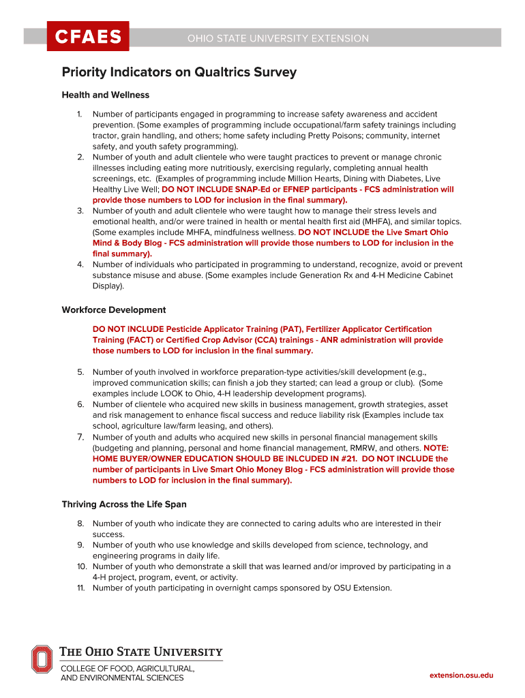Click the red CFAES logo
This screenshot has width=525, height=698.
[87, 37]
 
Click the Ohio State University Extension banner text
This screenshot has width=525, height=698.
[277, 39]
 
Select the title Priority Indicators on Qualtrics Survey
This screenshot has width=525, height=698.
[179, 72]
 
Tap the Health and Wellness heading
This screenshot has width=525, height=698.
[106, 95]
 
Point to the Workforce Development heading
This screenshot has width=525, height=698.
[114, 310]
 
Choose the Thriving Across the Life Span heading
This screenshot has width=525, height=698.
[124, 504]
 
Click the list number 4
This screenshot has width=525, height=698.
[80, 264]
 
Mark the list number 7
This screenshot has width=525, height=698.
[80, 437]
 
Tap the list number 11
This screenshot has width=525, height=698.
[79, 588]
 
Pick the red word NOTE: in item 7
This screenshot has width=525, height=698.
[436, 448]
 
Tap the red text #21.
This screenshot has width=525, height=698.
[352, 459]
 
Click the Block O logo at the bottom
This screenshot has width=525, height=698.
[42, 660]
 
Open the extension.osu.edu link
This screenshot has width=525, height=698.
[461, 675]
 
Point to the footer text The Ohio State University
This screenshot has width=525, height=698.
[142, 652]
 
